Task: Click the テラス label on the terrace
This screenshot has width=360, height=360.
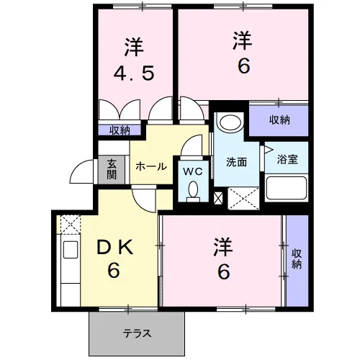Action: (x=137, y=333)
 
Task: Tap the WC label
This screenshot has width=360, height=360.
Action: (x=193, y=171)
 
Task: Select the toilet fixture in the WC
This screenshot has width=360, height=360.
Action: (x=193, y=192)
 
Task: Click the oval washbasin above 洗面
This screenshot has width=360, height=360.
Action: (x=230, y=122)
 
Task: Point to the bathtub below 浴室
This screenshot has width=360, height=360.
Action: (x=287, y=188)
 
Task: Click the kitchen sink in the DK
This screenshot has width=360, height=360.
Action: (x=71, y=249)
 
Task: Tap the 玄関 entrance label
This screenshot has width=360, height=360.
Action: (x=112, y=169)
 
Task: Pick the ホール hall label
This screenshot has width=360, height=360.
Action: (x=151, y=166)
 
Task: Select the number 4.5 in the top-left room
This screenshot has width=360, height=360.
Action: (x=134, y=73)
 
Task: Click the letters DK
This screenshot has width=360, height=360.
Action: (x=114, y=247)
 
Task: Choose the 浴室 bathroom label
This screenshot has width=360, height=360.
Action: (x=287, y=159)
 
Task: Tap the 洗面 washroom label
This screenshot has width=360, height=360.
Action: (x=236, y=162)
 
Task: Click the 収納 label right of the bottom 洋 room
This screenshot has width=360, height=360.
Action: (x=297, y=259)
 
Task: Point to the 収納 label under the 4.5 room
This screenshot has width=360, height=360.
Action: (x=120, y=130)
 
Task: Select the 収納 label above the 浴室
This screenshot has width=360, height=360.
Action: (x=279, y=120)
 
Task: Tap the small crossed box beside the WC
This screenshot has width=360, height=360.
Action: (x=218, y=198)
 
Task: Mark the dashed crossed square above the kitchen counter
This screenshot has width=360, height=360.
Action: (x=70, y=225)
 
